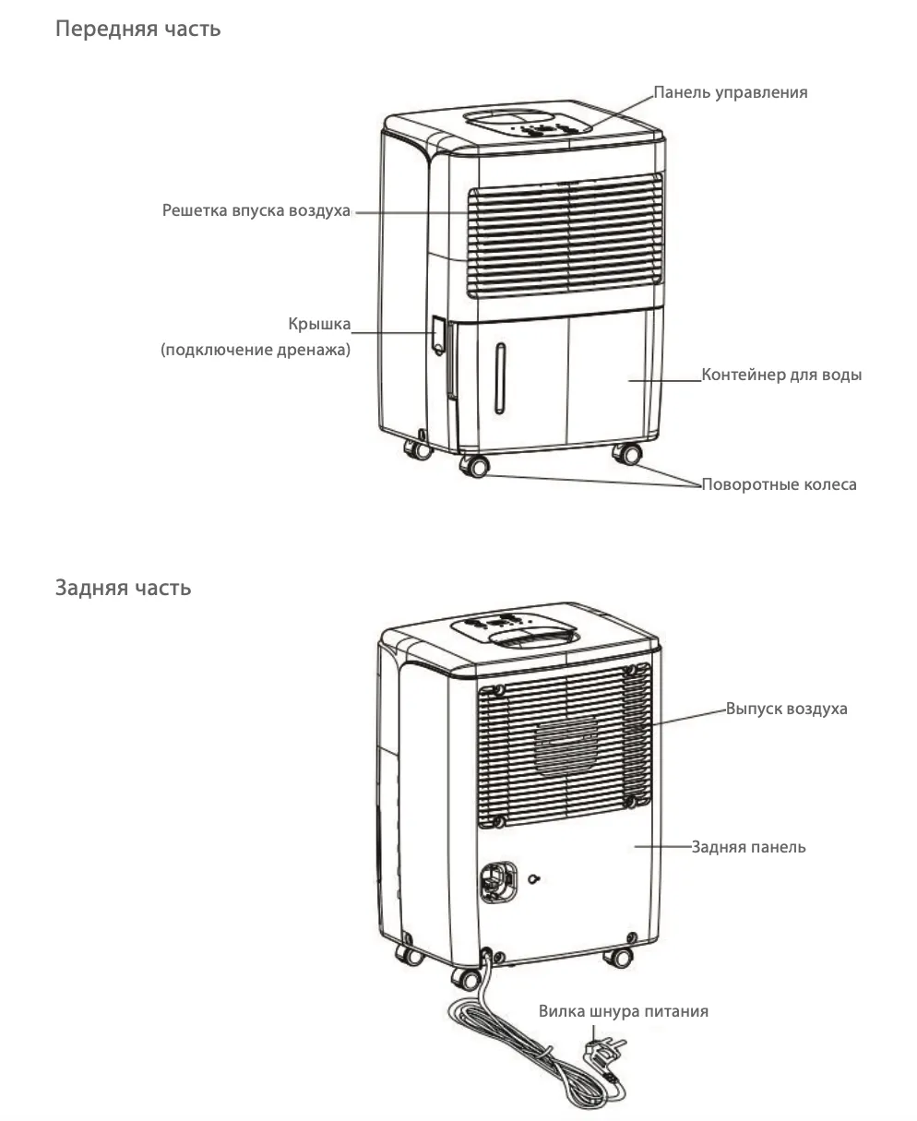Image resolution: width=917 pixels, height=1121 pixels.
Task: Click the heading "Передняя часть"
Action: pos(137,29)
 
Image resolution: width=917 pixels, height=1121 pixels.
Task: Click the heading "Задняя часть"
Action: pos(123,588)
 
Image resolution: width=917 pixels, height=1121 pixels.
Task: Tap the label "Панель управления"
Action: pos(731,92)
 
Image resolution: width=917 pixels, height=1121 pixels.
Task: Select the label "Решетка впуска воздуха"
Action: pos(256,210)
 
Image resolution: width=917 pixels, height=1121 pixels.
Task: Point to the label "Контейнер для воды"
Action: pos(781,375)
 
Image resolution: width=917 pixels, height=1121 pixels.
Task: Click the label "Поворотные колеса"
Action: pos(779,484)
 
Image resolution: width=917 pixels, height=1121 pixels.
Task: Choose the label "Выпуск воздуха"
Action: pos(786,709)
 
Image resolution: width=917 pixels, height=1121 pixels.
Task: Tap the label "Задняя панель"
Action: pos(748,847)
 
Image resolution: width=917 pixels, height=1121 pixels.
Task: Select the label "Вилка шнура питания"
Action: pos(624,1010)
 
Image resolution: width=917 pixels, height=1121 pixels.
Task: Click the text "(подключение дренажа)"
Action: pos(256,350)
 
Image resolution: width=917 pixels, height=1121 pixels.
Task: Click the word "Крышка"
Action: pos(319,324)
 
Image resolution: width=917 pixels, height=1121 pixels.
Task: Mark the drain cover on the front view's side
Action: pos(438,336)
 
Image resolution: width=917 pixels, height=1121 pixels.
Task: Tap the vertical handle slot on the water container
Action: pos(500,378)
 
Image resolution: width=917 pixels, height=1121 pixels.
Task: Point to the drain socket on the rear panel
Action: pos(498,882)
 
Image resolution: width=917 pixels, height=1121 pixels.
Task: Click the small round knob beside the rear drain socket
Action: pos(534,879)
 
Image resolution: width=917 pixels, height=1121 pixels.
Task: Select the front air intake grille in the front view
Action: pos(566,235)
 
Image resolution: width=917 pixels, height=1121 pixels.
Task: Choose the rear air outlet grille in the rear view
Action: pos(564,745)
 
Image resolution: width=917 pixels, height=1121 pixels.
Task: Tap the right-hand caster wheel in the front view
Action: pos(628,454)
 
